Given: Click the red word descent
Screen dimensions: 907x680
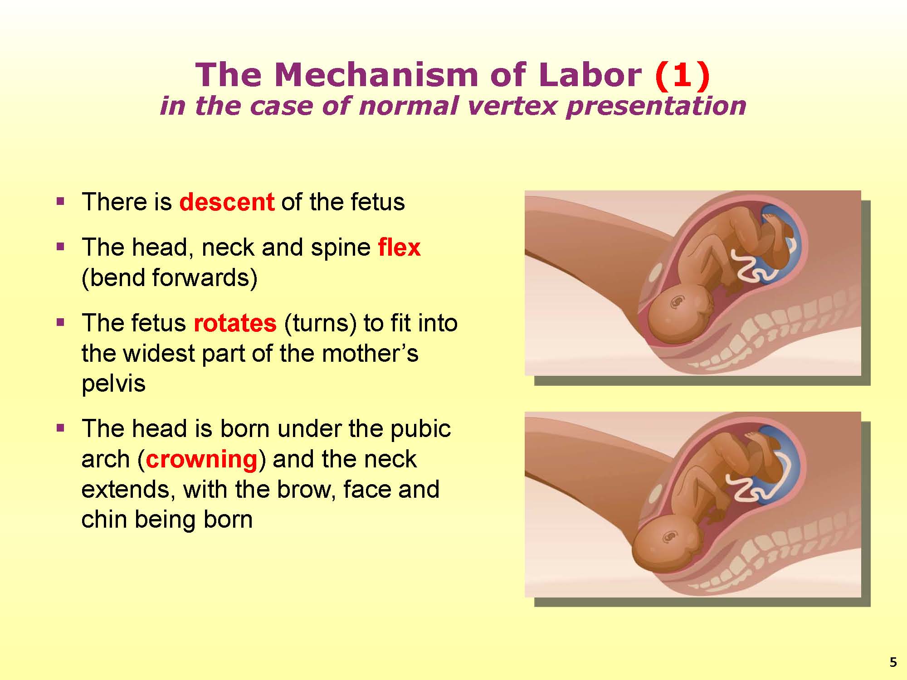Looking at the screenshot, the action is (x=227, y=202).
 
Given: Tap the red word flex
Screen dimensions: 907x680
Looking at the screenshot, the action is (x=399, y=248).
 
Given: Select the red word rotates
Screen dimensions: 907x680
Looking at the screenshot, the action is (x=235, y=323).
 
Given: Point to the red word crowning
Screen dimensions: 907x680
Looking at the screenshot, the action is (x=202, y=459).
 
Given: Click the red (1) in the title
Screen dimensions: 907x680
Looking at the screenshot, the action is (x=682, y=75).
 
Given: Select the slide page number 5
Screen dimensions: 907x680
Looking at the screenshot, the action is (x=893, y=663).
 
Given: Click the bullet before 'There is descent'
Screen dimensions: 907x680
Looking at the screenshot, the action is (x=60, y=201).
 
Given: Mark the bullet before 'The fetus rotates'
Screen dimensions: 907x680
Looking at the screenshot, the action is (x=60, y=322).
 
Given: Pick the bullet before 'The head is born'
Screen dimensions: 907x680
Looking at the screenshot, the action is (x=60, y=427).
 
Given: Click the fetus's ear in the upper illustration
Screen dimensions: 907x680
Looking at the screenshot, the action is (x=678, y=301).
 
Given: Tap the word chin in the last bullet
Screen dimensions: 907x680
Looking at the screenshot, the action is (x=104, y=519).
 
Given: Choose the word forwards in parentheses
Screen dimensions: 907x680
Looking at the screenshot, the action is (x=200, y=277).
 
